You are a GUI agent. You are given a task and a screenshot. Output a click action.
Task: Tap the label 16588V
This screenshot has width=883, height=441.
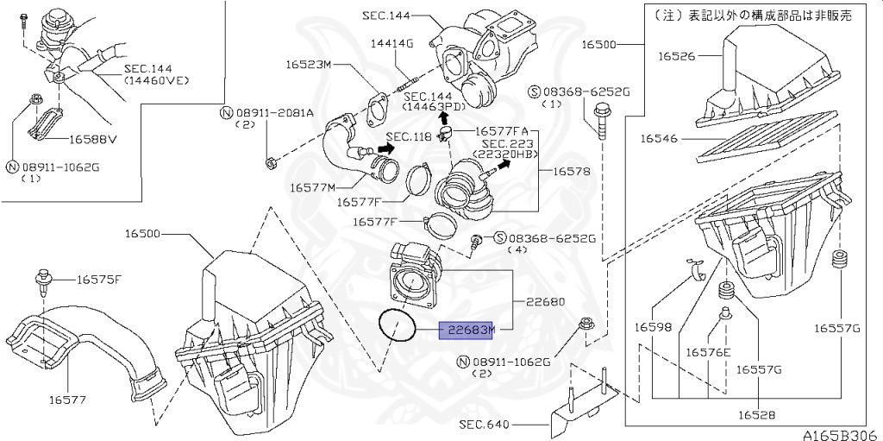pos(93,137)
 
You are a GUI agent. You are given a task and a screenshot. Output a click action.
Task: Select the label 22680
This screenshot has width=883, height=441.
pos(545,302)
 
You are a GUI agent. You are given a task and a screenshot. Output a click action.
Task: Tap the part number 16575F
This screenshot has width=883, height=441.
pos(99,280)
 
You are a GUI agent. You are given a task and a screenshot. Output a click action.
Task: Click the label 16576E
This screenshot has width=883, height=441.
pos(708,352)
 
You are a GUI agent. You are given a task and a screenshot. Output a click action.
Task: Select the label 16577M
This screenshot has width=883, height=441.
pos(313,186)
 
